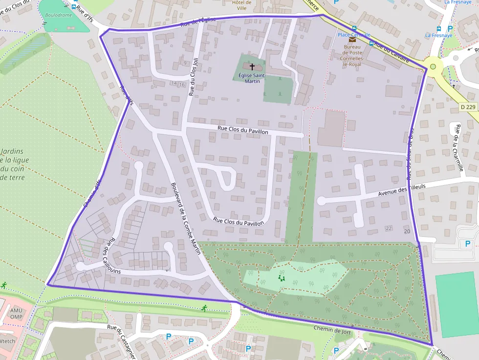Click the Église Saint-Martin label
coord(252,78)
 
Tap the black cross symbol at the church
coord(252,66)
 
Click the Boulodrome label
coord(59,15)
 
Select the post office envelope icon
coord(352,40)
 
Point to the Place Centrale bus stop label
coord(354,35)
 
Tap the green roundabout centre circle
coord(433,66)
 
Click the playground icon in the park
coord(281,278)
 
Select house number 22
coord(389,229)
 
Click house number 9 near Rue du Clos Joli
coord(185,63)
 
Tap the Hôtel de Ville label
coord(241,5)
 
